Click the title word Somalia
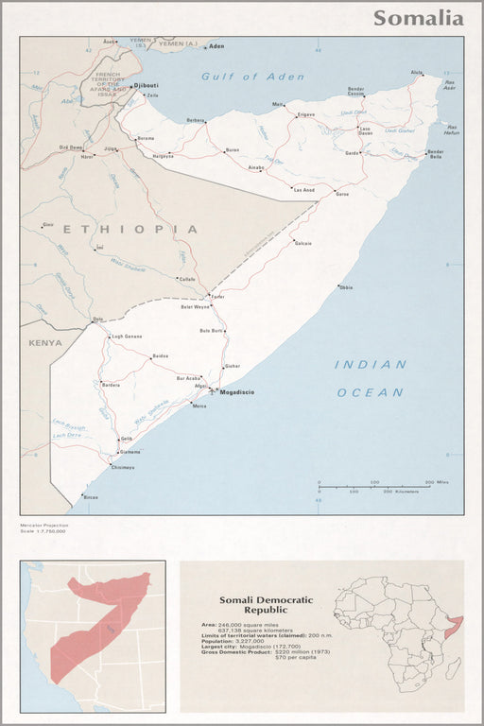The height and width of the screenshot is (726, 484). pyautogui.click(x=418, y=18)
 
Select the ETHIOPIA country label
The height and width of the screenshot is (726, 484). pyautogui.click(x=130, y=229)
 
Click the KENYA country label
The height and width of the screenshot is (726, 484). pyautogui.click(x=43, y=342)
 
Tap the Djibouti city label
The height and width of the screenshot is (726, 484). pyautogui.click(x=147, y=85)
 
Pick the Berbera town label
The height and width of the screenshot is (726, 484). pyautogui.click(x=196, y=120)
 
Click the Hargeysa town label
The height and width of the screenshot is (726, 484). pyautogui.click(x=164, y=155)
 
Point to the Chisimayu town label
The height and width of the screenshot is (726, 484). pyautogui.click(x=123, y=467)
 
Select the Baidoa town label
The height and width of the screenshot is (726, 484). pyautogui.click(x=160, y=355)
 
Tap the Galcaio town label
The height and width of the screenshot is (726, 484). pyautogui.click(x=303, y=243)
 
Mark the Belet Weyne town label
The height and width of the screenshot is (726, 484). pyautogui.click(x=196, y=307)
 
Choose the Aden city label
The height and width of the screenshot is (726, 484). pyautogui.click(x=216, y=45)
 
